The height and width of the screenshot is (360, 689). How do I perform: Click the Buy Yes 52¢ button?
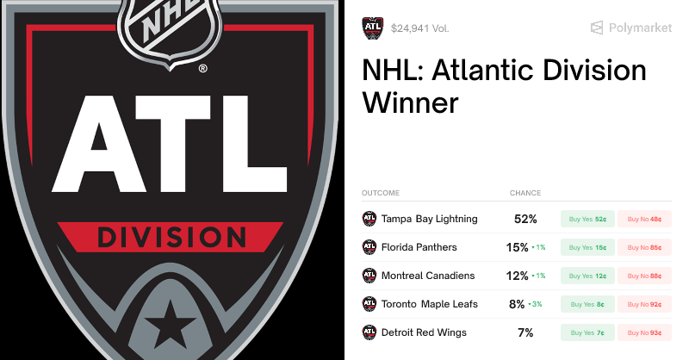[x=587, y=219]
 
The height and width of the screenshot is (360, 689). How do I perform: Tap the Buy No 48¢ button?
[x=644, y=219]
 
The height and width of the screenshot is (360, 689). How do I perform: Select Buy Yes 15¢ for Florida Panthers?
[x=587, y=247]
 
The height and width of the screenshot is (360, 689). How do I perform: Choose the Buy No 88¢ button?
[x=644, y=276]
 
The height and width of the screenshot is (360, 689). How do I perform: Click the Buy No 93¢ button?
[x=644, y=332]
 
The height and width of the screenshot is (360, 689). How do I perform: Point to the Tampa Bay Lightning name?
[x=429, y=219]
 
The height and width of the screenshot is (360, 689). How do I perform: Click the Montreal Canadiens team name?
[x=428, y=276]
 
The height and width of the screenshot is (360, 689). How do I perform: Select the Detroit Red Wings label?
[x=424, y=332]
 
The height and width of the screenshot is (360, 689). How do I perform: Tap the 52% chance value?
[x=525, y=219]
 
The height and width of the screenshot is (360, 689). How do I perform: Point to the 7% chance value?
[x=525, y=332]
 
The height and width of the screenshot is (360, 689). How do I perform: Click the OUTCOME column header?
[x=381, y=193]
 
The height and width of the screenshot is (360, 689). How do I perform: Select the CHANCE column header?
[x=525, y=193]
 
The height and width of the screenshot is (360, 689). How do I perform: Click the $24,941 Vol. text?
[x=419, y=28]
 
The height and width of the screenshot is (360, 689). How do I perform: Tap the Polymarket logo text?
[x=640, y=28]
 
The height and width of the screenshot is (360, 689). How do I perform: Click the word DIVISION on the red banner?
[x=170, y=236]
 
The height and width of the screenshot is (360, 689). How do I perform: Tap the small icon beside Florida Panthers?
[x=369, y=247]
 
